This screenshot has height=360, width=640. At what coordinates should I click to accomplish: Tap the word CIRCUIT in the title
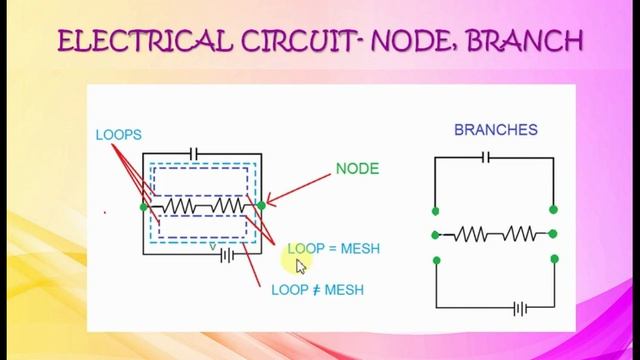[274, 41]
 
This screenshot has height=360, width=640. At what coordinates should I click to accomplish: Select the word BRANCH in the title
[525, 41]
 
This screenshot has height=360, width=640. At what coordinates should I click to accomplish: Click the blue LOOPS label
[119, 134]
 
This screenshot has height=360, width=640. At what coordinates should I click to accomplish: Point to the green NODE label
[357, 169]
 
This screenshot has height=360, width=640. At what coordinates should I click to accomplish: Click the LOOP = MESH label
[333, 248]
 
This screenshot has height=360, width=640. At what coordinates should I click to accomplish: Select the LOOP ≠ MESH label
[317, 290]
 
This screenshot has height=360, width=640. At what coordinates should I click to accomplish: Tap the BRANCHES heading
[495, 130]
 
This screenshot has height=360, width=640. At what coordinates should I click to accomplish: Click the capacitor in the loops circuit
[194, 153]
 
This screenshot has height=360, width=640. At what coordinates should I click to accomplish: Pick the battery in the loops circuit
[227, 255]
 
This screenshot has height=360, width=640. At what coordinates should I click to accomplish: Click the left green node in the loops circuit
[144, 206]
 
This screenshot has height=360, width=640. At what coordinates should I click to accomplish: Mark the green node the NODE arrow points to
[261, 205]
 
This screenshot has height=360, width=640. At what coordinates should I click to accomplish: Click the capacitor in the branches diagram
[485, 157]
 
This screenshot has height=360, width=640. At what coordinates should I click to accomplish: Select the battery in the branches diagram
[519, 308]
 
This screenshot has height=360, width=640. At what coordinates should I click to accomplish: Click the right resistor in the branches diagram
[521, 234]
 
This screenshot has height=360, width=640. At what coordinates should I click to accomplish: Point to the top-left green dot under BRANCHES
[435, 211]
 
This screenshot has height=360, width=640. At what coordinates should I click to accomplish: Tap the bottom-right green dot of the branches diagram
[554, 259]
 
